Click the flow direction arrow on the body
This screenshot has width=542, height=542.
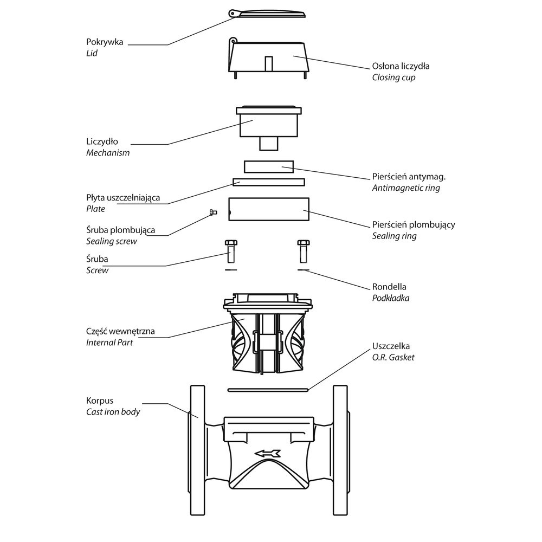[x=268, y=453]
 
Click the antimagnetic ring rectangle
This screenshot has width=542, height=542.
[x=268, y=166]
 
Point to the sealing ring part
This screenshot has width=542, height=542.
[x=268, y=210]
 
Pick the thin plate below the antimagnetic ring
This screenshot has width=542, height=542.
[x=268, y=182]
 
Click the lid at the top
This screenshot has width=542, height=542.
[x=268, y=14]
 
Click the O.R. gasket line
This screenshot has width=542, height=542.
[x=268, y=389]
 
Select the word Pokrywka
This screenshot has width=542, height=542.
[x=105, y=42]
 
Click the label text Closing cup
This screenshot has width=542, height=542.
[x=393, y=77]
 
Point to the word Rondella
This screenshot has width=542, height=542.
[x=389, y=287]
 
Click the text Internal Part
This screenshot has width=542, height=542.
[x=109, y=343]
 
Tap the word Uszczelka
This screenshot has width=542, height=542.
[x=391, y=346]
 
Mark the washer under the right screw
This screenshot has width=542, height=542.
[x=304, y=269]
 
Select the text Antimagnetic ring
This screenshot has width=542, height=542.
[x=405, y=188]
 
